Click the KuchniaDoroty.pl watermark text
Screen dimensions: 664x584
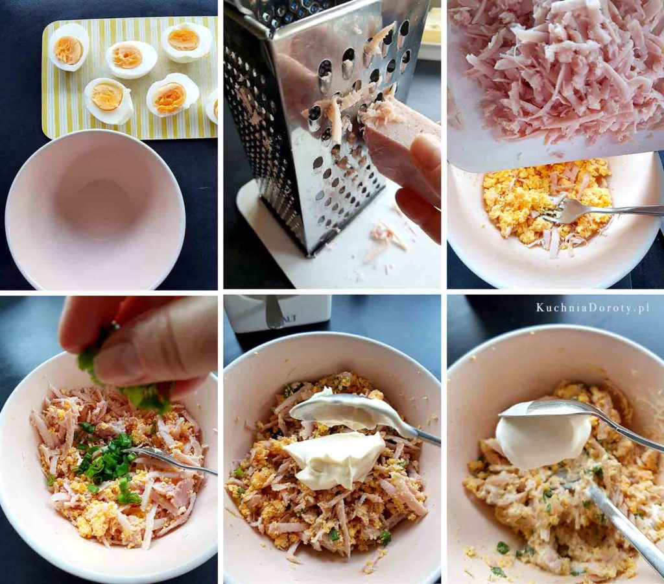click(593, 308)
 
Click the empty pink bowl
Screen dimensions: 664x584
click(95, 209)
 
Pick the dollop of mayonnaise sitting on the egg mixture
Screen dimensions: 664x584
click(335, 460)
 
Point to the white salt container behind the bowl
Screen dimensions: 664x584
click(278, 313)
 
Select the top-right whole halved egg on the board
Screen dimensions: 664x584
click(187, 42)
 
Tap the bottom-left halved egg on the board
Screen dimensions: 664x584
click(108, 101)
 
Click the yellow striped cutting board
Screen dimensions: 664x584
click(129, 79)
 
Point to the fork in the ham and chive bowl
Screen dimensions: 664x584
click(169, 460)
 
